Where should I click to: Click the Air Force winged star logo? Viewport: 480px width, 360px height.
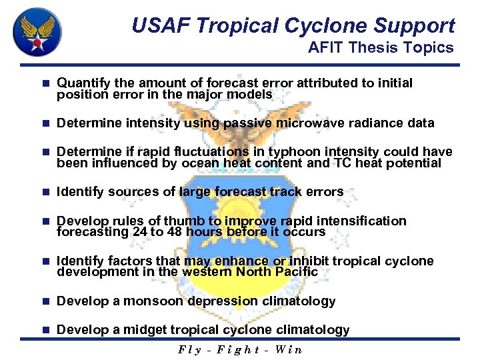coord(37,31)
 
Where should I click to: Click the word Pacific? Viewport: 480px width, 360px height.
coord(295,272)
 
